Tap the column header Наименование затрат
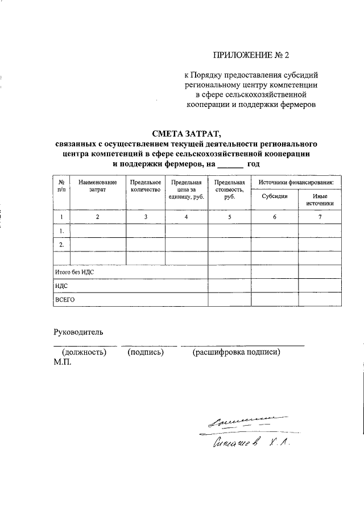[x=98, y=186]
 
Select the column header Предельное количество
[x=146, y=186]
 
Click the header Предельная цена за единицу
[x=187, y=189]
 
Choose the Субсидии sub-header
[x=275, y=196]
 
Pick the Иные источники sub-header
[x=320, y=199]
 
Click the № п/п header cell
[x=61, y=186]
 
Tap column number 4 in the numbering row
[x=187, y=217]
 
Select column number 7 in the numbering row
[x=320, y=217]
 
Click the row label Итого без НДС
[x=74, y=273]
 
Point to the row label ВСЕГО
[x=65, y=299]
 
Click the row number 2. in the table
[x=61, y=244]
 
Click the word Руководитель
[x=78, y=332]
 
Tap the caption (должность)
[x=84, y=353]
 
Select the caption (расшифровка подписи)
[x=237, y=353]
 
